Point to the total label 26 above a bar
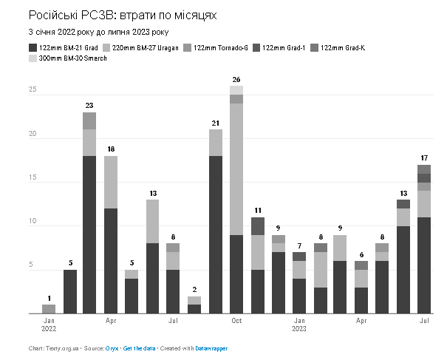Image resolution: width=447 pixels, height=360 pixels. [236, 79]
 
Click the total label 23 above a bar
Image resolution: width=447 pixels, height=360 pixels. [89, 105]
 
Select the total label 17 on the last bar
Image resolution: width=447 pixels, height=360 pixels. [424, 158]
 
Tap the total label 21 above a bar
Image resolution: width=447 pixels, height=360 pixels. [215, 123]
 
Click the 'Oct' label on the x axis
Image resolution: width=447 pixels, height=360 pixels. [236, 322]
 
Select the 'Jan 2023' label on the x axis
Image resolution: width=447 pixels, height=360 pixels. [298, 325]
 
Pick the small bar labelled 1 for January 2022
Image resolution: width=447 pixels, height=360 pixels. [48, 309]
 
